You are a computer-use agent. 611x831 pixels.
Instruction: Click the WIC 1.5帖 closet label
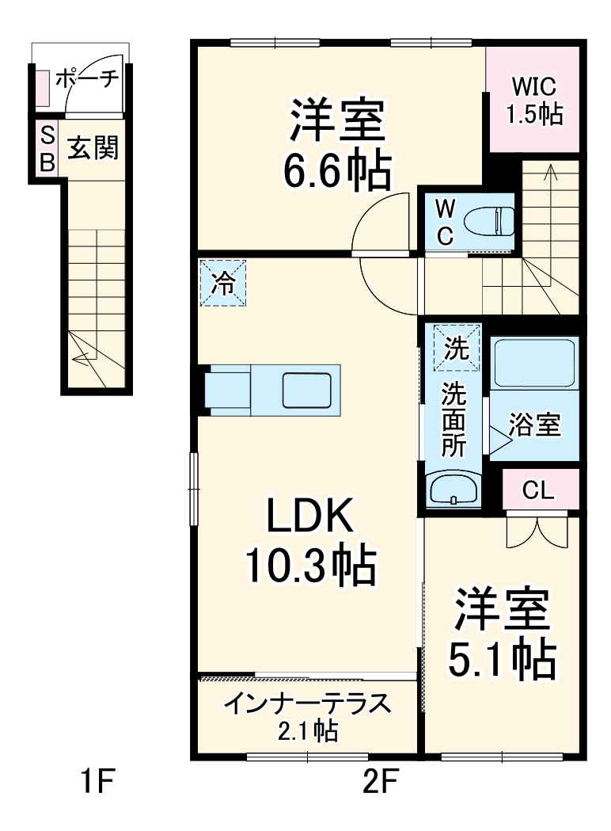(534, 100)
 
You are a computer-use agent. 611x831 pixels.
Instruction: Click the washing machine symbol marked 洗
(456, 348)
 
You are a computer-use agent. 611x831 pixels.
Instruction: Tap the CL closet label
(538, 490)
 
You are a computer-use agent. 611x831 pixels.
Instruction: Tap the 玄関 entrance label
(93, 147)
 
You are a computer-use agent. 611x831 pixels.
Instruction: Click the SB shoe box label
(47, 147)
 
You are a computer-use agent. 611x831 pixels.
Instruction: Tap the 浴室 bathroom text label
(534, 425)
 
